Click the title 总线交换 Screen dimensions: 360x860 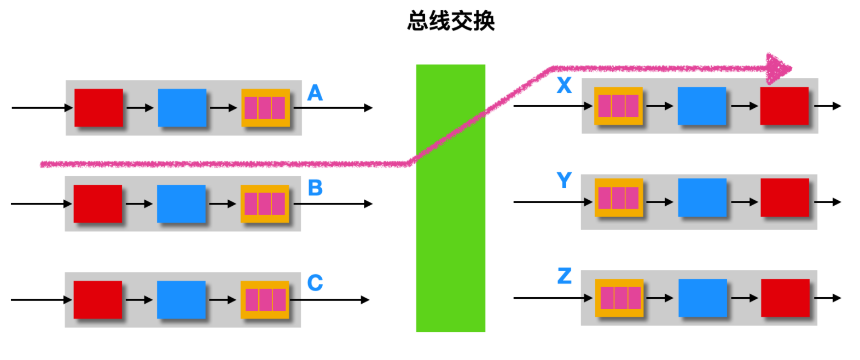[x=451, y=21]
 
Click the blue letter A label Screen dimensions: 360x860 [x=315, y=93]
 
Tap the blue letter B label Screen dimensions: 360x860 [x=315, y=188]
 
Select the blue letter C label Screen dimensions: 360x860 [x=315, y=283]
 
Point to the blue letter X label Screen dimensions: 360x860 [x=564, y=86]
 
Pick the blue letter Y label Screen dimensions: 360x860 [x=564, y=181]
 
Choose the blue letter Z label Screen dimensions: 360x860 [x=564, y=276]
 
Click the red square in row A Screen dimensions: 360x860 [x=98, y=108]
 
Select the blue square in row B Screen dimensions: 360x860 [x=181, y=204]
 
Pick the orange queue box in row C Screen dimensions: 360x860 [x=265, y=300]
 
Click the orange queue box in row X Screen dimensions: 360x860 [x=618, y=106]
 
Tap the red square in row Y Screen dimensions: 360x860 [x=785, y=197]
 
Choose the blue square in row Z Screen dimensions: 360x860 [x=702, y=298]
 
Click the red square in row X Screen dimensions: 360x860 [x=784, y=106]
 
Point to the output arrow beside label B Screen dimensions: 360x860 [x=334, y=204]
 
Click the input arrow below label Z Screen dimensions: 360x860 [x=553, y=298]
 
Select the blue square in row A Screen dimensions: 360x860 [x=182, y=108]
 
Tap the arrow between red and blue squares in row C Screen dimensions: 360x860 [x=140, y=300]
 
